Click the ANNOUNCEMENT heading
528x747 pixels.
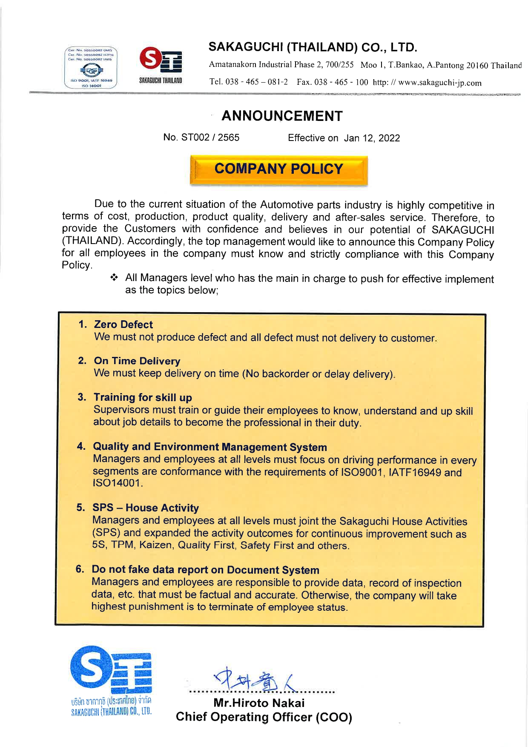[x=282, y=116]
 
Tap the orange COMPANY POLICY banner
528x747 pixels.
[x=278, y=169]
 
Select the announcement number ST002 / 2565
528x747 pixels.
[x=201, y=138]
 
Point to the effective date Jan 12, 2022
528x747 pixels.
[x=372, y=138]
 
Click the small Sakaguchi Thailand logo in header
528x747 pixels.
[x=161, y=65]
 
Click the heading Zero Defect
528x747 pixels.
[x=123, y=325]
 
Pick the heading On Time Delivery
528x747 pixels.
[x=137, y=361]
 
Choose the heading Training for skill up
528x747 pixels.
[x=143, y=397]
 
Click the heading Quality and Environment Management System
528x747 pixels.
[x=210, y=447]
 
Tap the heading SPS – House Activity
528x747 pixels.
[x=146, y=508]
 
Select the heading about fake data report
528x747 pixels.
[x=205, y=570]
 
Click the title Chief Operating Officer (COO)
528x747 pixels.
[x=264, y=717]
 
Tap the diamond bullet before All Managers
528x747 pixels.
[x=114, y=278]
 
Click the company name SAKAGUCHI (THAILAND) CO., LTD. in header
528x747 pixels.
[x=313, y=47]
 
